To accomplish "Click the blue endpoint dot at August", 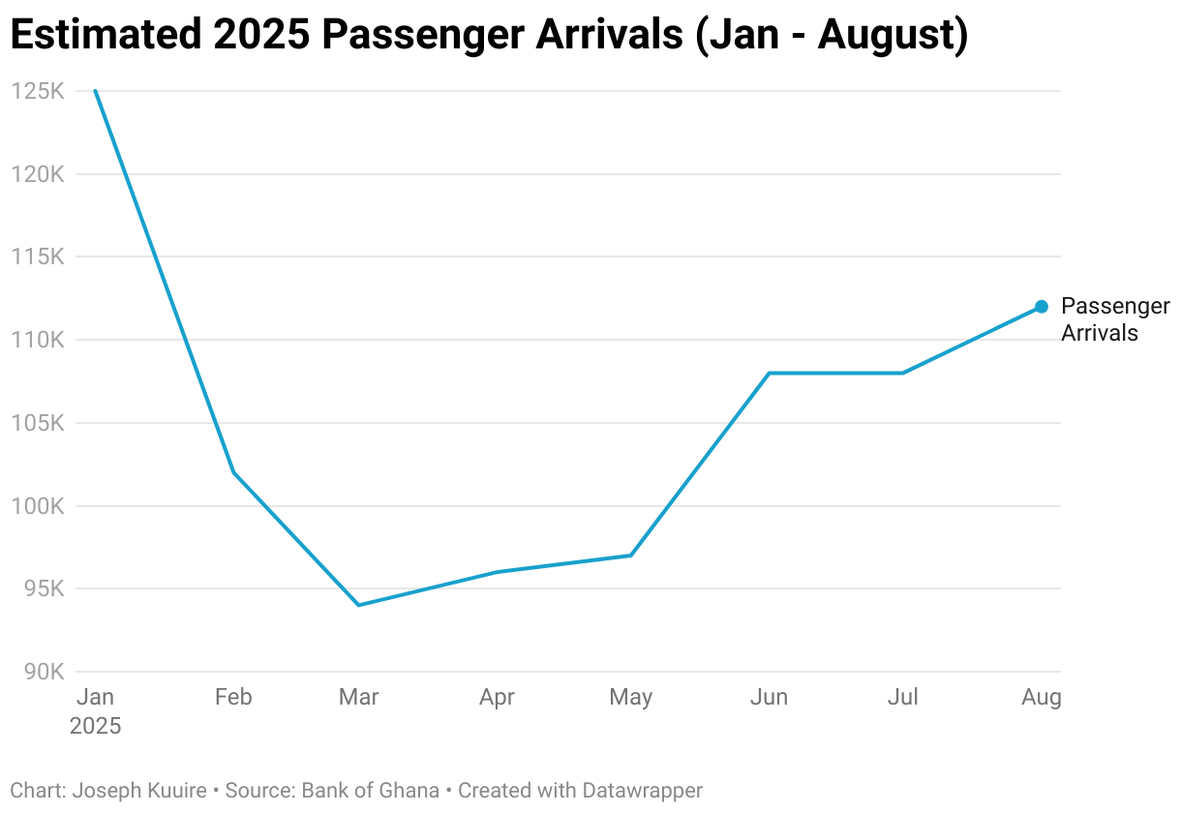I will (x=1042, y=307).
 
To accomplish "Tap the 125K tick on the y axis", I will (x=38, y=91).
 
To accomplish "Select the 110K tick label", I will (x=38, y=340).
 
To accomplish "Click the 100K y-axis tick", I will (x=38, y=506).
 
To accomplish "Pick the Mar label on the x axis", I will (x=358, y=697).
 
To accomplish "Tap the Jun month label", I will (x=770, y=697).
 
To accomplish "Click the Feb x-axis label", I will (x=233, y=697).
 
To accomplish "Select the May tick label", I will (x=631, y=697).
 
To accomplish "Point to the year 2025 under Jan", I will (x=95, y=726).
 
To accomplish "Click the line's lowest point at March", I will (x=358, y=605).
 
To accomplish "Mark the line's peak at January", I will (x=95, y=91).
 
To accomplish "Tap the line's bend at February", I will (x=233, y=472).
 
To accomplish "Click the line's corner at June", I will (x=770, y=373).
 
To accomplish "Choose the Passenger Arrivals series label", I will (x=1114, y=319).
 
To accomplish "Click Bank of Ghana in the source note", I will (x=371, y=790).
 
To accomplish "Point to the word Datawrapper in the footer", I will (x=642, y=790).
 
